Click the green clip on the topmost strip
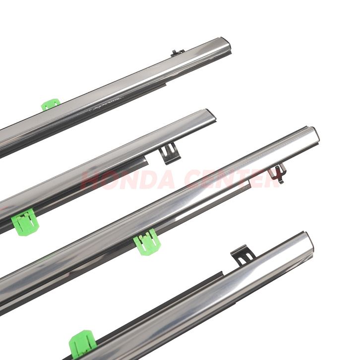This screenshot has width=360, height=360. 51,105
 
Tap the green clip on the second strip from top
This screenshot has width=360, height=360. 25,222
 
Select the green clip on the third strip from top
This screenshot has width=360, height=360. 147,243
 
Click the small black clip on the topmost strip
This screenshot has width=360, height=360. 177,53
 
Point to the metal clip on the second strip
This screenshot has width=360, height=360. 169,153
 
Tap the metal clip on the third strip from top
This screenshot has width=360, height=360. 278,174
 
